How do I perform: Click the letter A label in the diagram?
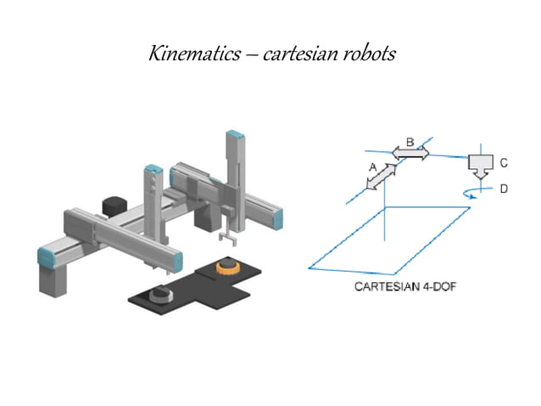tap(372, 168)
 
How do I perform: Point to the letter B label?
tap(410, 143)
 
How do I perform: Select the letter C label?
tap(503, 161)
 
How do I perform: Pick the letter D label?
tap(503, 189)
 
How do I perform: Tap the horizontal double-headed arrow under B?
tap(410, 154)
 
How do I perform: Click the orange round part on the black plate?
tap(227, 268)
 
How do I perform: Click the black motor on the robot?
tap(114, 206)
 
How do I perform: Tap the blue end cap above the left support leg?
tap(47, 255)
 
